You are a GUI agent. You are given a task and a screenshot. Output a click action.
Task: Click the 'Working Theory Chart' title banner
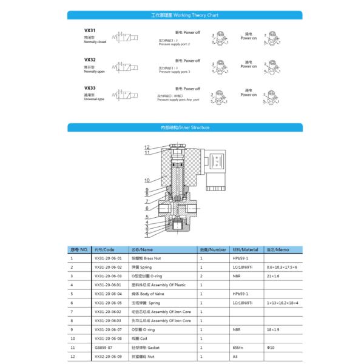point(184,15)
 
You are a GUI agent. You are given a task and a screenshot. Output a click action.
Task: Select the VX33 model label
point(90,88)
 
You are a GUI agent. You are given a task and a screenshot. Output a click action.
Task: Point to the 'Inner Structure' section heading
point(185,128)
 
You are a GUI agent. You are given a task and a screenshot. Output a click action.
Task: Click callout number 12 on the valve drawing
point(147,147)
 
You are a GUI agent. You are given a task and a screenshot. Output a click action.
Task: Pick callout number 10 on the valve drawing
point(147,180)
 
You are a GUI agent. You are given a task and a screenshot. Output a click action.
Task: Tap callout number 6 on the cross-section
point(147,208)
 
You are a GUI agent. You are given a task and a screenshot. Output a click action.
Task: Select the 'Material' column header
point(246,249)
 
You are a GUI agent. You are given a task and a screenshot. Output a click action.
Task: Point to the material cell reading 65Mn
point(238,348)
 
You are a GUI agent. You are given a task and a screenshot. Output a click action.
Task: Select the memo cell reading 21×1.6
point(274,275)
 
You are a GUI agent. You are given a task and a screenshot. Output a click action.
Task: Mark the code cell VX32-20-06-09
point(108,357)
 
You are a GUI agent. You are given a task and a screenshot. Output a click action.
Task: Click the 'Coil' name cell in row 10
point(141,339)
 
